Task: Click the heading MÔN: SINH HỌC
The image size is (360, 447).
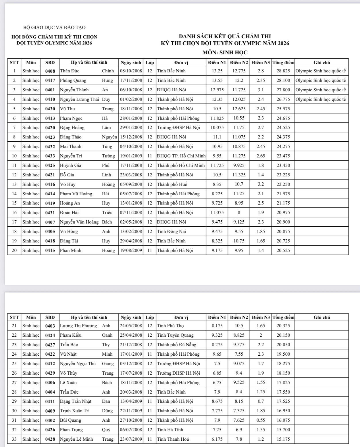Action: coord(225,53)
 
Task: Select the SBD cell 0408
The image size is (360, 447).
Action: coord(50,71)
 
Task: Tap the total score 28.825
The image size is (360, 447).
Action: coord(283,71)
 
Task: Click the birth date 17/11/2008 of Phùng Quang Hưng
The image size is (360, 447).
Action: coord(131,80)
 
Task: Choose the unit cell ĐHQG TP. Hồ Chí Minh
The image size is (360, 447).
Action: coord(181,156)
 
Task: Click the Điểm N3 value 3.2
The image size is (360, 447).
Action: coord(261,184)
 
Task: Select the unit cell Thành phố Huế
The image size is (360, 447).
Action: coord(172,184)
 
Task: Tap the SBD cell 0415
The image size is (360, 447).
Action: coord(50,251)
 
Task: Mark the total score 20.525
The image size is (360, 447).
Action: coord(283,251)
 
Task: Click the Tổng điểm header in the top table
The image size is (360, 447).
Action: coord(283,62)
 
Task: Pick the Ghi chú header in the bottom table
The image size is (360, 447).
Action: coord(322,317)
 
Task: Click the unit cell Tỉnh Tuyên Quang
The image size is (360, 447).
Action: coord(175,335)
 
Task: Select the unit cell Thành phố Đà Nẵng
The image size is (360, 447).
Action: coord(176,345)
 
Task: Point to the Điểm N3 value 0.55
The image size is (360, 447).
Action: coord(261,420)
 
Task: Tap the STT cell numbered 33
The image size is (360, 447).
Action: coord(14,439)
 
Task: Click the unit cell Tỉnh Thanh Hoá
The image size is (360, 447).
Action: coord(173,439)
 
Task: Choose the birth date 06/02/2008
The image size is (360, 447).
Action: coord(131,430)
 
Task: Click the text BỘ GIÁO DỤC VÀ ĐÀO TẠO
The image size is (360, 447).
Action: coord(54,28)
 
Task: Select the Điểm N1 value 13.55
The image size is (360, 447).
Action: coord(217,80)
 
